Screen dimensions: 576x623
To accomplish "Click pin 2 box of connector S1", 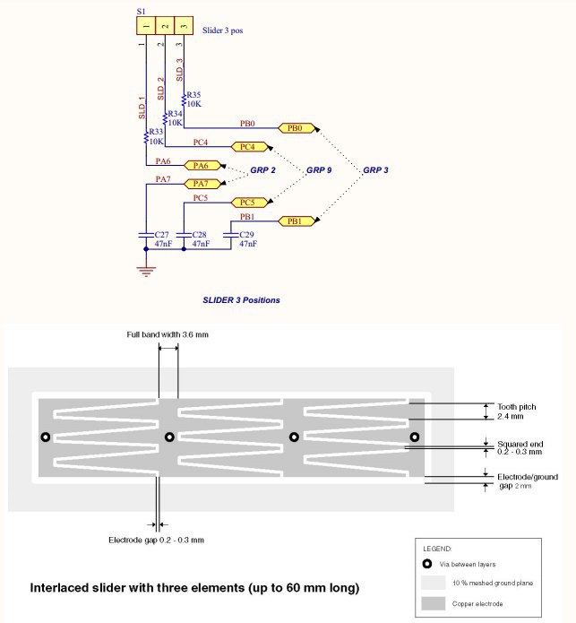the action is pyautogui.click(x=165, y=26).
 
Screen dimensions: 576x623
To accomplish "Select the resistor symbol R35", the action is pyautogui.click(x=184, y=100).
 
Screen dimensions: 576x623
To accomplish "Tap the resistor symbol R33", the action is pyautogui.click(x=146, y=137).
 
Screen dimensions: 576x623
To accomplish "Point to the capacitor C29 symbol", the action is pyautogui.click(x=231, y=235).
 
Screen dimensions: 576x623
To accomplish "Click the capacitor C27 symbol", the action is pyautogui.click(x=146, y=235).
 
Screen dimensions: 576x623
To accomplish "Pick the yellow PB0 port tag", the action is pyautogui.click(x=296, y=128).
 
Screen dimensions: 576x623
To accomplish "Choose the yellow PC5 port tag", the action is pyautogui.click(x=249, y=203).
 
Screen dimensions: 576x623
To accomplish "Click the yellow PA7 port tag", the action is pyautogui.click(x=202, y=184).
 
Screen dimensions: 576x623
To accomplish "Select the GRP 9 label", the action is pyautogui.click(x=319, y=170).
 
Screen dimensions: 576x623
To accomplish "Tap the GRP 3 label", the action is pyautogui.click(x=375, y=170).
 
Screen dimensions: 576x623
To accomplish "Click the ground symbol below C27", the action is pyautogui.click(x=146, y=272).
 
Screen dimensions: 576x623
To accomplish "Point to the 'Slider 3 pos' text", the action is pyautogui.click(x=223, y=30).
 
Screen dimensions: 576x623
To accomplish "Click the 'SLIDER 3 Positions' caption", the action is pyautogui.click(x=241, y=300).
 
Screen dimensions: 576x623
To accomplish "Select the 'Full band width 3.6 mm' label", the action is pyautogui.click(x=168, y=334).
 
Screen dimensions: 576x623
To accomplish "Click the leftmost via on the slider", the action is pyautogui.click(x=46, y=437).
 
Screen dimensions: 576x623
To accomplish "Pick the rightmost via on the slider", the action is pyautogui.click(x=415, y=437).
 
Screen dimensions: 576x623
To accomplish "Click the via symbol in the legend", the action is pyautogui.click(x=427, y=564).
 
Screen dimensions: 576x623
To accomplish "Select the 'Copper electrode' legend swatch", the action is pyautogui.click(x=433, y=603).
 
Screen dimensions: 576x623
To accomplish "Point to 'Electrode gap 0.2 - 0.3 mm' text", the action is pyautogui.click(x=157, y=540).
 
